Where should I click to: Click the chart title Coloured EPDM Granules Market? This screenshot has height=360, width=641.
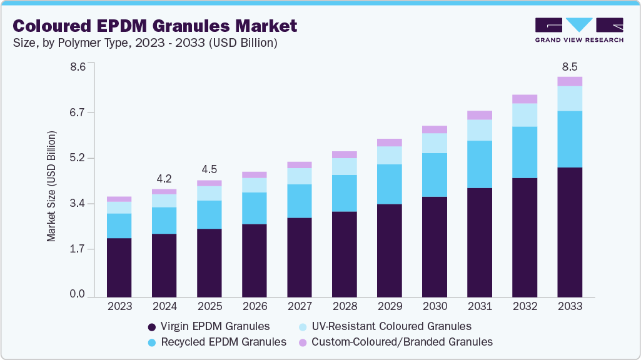pos(154,26)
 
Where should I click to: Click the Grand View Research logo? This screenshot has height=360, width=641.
pos(579,30)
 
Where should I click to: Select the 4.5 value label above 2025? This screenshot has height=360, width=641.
pos(209,169)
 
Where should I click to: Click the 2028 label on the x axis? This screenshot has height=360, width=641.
pos(344,306)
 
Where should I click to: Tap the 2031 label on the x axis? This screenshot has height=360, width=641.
pos(480,306)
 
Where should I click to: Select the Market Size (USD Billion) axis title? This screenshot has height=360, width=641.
pos(52,186)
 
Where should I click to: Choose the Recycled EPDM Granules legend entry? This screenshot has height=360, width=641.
pos(216,342)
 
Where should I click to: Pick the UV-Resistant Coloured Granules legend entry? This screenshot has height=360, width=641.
pos(384,326)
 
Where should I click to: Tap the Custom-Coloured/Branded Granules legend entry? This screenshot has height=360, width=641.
pos(395,342)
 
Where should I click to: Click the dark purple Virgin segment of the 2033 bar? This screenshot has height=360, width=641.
pos(570,231)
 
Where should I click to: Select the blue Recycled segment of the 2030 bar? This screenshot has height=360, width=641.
pos(435,175)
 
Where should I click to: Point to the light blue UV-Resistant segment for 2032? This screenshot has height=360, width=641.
pos(525,115)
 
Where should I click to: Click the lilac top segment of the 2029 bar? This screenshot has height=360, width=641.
pos(390,142)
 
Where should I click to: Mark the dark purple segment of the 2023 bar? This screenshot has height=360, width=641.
pos(119,267)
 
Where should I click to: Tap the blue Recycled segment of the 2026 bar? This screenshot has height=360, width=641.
pos(254,208)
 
